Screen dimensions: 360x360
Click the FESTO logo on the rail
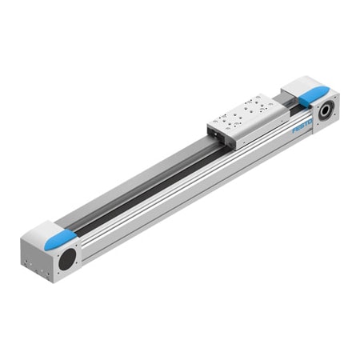click(302, 125)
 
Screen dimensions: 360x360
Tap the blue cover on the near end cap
click(61, 240)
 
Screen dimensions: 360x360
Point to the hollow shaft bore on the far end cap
click(327, 110)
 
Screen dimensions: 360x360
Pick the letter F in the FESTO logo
click(294, 129)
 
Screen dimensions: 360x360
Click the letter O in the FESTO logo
click(310, 121)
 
